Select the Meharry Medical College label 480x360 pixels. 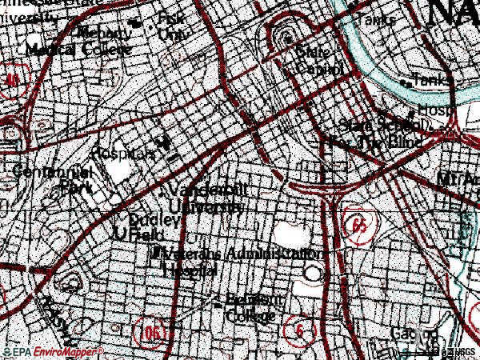click(78, 42)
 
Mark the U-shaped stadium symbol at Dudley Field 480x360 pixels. click(121, 233)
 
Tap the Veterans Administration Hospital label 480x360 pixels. click(237, 260)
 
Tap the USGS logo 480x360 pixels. click(459, 351)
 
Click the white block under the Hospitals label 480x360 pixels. click(119, 170)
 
